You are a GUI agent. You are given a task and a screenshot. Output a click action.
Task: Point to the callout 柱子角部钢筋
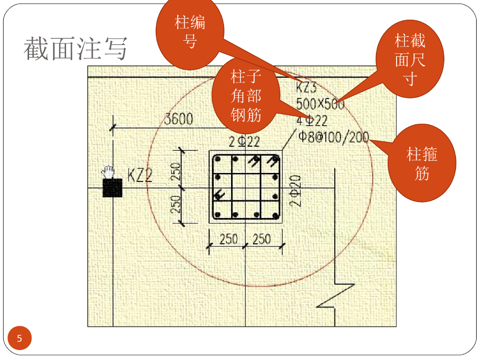(246, 96)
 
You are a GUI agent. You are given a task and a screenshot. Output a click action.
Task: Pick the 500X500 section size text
(320, 104)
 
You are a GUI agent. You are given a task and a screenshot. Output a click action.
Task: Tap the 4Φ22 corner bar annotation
(312, 121)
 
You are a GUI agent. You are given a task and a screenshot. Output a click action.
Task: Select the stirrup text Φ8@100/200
(333, 137)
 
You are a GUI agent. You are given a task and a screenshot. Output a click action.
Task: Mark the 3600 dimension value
(179, 119)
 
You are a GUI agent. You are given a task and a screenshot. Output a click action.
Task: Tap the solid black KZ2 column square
(112, 188)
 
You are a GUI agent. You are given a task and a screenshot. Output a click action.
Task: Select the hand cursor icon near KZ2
(109, 172)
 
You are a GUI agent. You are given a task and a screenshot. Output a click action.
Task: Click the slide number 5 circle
(19, 338)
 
